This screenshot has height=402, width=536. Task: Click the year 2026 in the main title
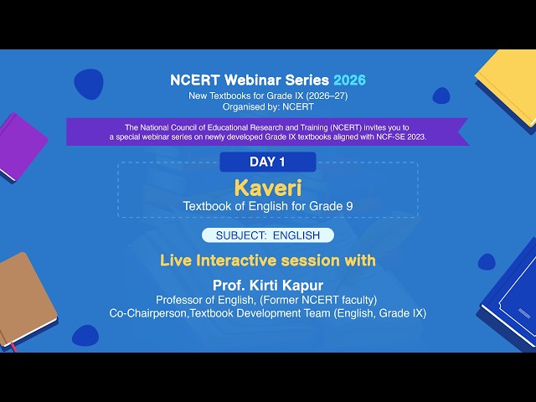(349, 80)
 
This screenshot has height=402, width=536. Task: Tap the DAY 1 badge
(267, 162)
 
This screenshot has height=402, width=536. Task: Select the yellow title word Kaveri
(267, 187)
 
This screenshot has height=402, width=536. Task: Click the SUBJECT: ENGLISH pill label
(267, 235)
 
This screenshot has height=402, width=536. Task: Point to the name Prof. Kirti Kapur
(267, 285)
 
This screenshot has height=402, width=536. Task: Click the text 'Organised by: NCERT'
(267, 106)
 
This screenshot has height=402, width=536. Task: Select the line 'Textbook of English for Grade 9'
(267, 206)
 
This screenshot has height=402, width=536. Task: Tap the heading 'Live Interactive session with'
(267, 260)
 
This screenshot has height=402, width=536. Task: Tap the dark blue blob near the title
(88, 84)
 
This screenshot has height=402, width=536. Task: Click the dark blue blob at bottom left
(85, 336)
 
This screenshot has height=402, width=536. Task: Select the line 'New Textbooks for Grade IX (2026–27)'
(267, 95)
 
